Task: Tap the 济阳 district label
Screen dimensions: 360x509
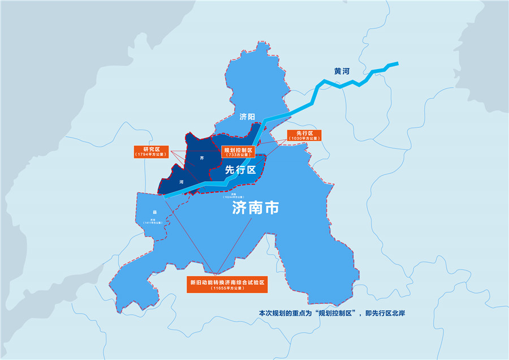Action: pyautogui.click(x=247, y=117)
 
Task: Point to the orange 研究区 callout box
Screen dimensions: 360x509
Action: pyautogui.click(x=150, y=151)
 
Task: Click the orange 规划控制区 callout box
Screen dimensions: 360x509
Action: pyautogui.click(x=237, y=152)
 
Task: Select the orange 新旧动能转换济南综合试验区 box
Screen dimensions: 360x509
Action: pyautogui.click(x=227, y=285)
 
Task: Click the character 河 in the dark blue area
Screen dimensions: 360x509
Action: pyautogui.click(x=181, y=182)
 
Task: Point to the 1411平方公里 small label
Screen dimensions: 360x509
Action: pyautogui.click(x=153, y=224)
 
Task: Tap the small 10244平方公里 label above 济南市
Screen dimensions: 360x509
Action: pyautogui.click(x=217, y=196)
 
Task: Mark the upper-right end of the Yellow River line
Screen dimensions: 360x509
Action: pyautogui.click(x=397, y=63)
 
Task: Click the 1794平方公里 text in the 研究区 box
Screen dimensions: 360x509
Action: pyautogui.click(x=150, y=155)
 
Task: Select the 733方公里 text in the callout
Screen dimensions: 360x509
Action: pyautogui.click(x=237, y=155)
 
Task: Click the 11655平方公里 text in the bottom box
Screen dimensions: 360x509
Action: pyautogui.click(x=227, y=289)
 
